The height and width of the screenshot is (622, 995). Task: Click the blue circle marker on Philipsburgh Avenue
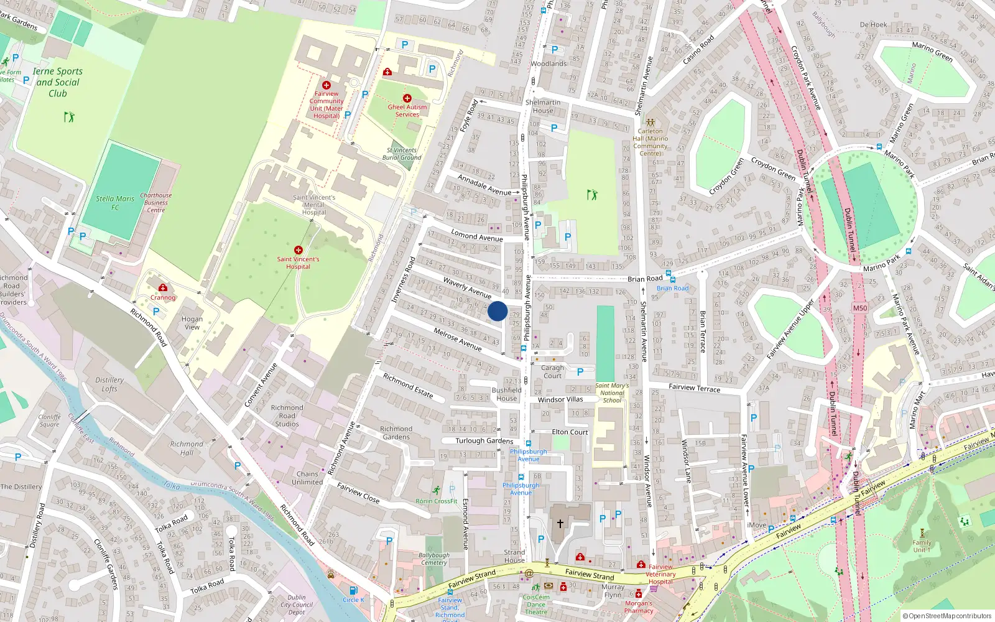click(497, 311)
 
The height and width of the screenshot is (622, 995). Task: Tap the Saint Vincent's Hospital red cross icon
click(298, 250)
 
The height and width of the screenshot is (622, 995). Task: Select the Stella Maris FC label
click(115, 203)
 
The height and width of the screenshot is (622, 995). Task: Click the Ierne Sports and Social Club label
click(57, 82)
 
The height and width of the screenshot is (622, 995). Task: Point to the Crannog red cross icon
click(163, 287)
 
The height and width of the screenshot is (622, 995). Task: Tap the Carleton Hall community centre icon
click(650, 123)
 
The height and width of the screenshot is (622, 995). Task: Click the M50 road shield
click(859, 308)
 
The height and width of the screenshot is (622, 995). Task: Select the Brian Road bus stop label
click(672, 288)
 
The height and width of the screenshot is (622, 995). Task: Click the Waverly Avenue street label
click(467, 287)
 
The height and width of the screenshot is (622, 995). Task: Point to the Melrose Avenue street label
click(458, 340)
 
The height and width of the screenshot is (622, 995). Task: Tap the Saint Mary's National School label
click(612, 393)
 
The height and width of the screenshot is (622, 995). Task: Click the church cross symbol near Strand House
click(560, 524)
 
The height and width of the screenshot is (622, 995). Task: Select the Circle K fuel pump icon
click(353, 590)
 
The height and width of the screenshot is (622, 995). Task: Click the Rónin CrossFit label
click(437, 501)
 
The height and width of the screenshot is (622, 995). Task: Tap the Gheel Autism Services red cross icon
click(407, 98)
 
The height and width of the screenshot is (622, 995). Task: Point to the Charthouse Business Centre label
click(155, 202)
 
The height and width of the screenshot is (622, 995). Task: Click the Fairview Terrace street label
click(694, 388)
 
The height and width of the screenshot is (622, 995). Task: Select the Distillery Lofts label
click(109, 384)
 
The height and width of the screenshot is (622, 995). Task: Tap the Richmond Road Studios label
click(287, 415)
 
